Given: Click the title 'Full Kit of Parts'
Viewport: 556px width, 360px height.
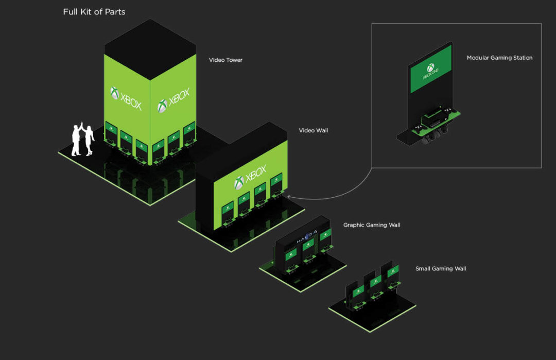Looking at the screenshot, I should (x=94, y=11).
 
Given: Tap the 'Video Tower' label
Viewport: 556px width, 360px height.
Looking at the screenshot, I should (x=225, y=60).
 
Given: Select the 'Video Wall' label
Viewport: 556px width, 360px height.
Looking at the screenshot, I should (x=313, y=130).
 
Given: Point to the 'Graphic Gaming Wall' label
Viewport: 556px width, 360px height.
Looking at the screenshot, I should (x=372, y=225).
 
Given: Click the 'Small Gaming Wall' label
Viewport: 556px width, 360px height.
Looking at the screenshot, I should (x=441, y=268).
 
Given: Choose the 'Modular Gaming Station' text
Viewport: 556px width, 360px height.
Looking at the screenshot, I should (x=499, y=58).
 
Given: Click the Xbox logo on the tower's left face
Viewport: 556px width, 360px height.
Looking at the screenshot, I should (x=126, y=98).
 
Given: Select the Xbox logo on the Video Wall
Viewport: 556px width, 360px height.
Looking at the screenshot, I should (x=250, y=177).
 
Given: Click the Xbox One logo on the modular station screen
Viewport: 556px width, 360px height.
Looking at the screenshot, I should (x=431, y=70).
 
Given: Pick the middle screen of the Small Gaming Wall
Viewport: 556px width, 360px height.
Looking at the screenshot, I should (x=376, y=281).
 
